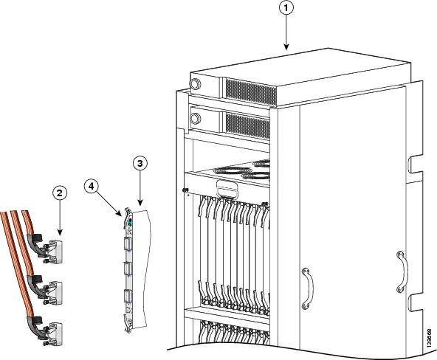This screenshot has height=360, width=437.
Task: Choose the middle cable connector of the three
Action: [x=53, y=285]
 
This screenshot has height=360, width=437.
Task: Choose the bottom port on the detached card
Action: [x=129, y=300]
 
